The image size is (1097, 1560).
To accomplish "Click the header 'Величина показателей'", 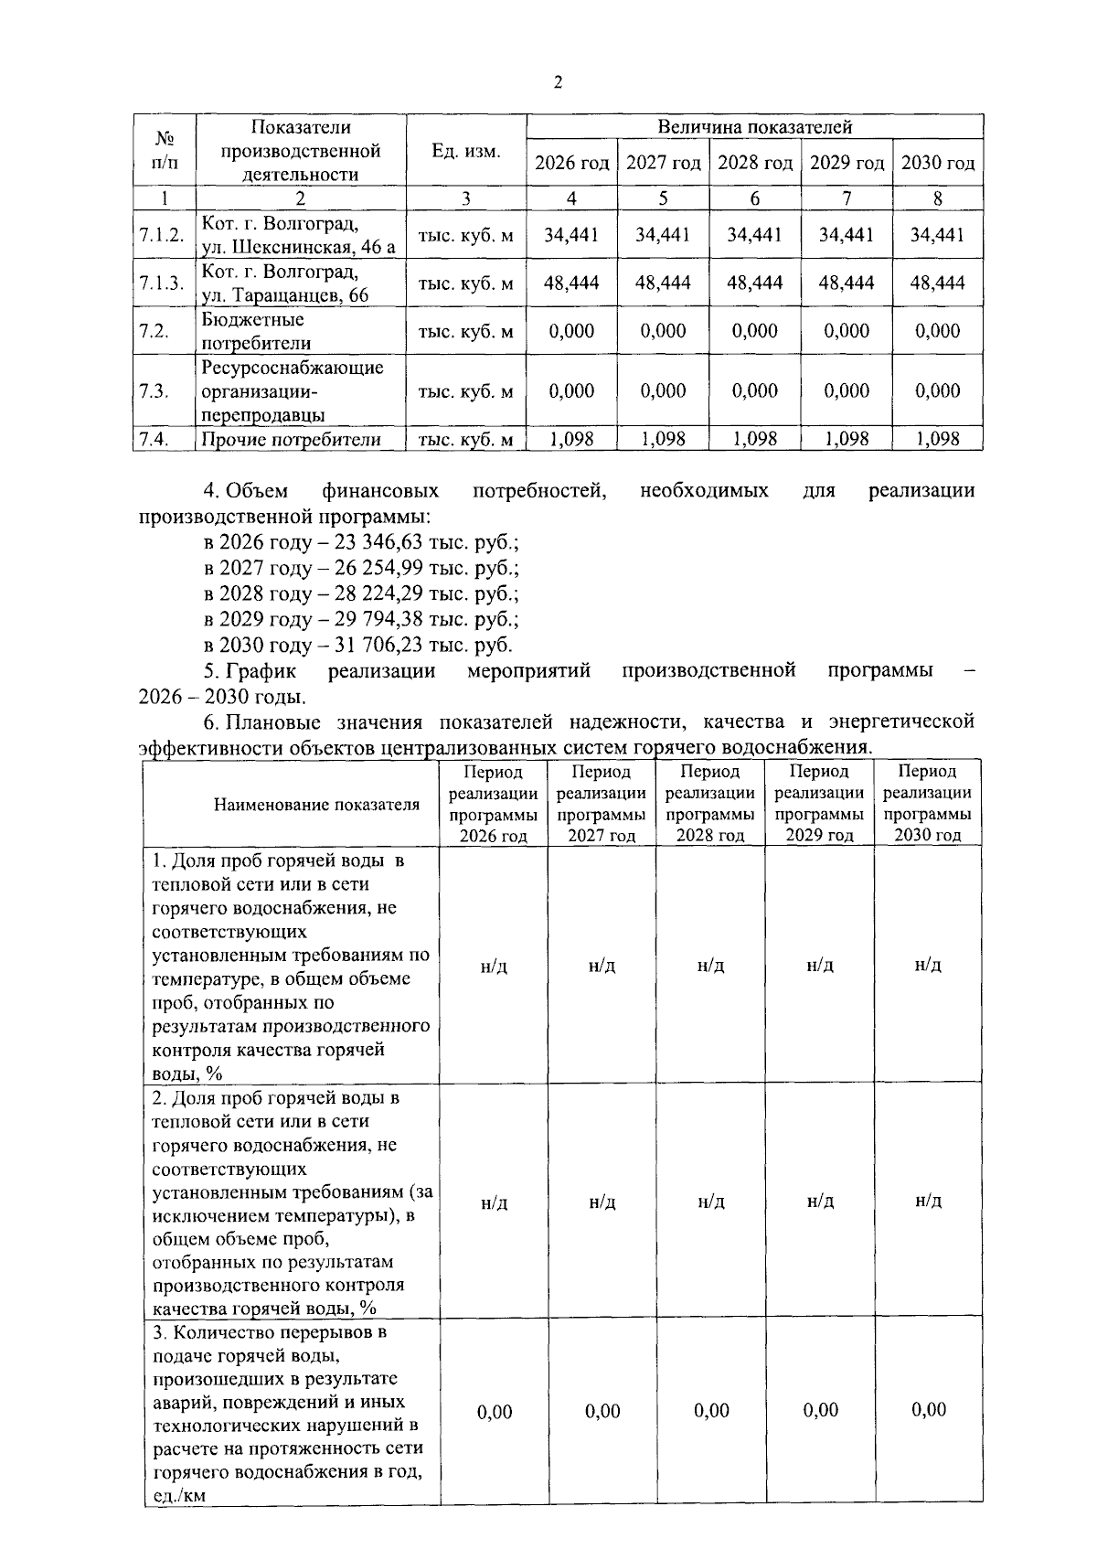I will tap(754, 127).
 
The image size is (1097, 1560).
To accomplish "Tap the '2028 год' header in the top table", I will tap(754, 164).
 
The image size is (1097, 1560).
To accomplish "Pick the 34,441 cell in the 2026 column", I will tap(571, 235).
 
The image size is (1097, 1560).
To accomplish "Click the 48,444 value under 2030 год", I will tap(937, 283).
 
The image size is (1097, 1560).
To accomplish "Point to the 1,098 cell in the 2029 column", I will tap(846, 440).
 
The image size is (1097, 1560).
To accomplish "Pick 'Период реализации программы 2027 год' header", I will tap(602, 804).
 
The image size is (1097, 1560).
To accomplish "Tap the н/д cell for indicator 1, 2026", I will tap(494, 967).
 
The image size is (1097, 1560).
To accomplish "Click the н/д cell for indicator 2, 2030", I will tap(928, 1201).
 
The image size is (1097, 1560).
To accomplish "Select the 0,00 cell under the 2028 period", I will tap(711, 1411).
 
